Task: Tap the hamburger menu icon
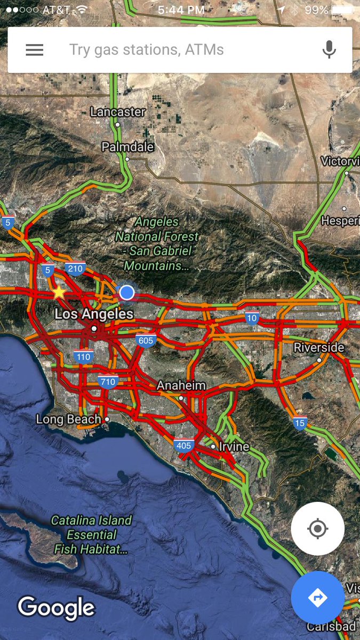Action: click(35, 50)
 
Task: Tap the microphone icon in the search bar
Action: click(329, 50)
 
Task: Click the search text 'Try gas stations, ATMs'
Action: click(147, 50)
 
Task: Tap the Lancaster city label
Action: click(118, 112)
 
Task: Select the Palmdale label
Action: click(128, 147)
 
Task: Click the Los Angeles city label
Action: click(94, 314)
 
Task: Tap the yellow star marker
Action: click(59, 292)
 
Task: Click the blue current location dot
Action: click(126, 292)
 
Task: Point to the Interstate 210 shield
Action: click(75, 268)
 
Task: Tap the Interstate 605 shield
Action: click(145, 340)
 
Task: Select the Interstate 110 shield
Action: click(83, 356)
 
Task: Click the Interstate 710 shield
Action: click(108, 381)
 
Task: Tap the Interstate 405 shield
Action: click(183, 445)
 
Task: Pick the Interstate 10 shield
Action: click(252, 318)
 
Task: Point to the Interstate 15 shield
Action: click(300, 423)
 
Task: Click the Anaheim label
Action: click(181, 386)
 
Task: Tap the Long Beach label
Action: click(69, 419)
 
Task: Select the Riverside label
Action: click(319, 348)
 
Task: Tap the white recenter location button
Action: click(318, 529)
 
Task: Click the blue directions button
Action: click(318, 598)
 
